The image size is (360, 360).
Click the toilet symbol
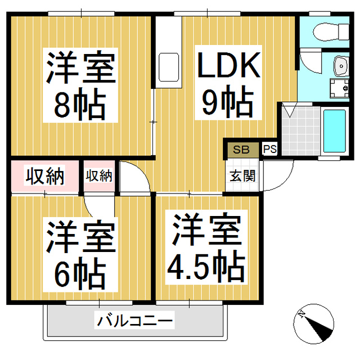click(331, 32)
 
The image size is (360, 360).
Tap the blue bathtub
click(335, 131)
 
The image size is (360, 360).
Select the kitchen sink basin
click(169, 67)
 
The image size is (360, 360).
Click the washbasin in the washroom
click(341, 66)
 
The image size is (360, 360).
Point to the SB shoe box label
click(241, 150)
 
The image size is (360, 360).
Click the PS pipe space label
click(270, 149)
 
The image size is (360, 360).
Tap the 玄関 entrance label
click(242, 176)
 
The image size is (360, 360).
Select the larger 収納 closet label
click(45, 176)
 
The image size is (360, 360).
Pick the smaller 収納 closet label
click(99, 176)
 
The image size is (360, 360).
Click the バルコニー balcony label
click(134, 320)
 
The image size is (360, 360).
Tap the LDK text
click(229, 65)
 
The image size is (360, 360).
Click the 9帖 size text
click(228, 101)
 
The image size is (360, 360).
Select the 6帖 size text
click(80, 273)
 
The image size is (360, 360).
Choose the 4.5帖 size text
click(206, 266)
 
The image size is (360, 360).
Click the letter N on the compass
click(301, 314)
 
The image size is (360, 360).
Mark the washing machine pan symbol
click(340, 88)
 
